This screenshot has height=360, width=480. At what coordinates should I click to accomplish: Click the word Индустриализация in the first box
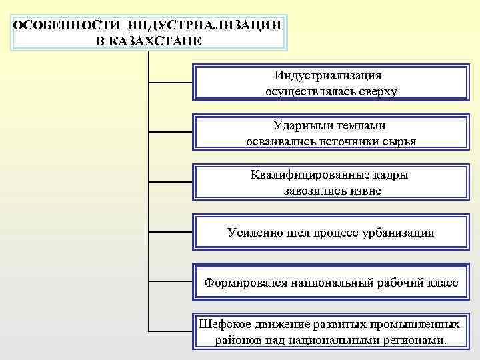(x=329, y=75)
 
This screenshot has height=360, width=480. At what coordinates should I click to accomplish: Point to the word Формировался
(x=245, y=283)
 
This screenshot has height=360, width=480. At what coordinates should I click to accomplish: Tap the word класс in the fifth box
(x=441, y=283)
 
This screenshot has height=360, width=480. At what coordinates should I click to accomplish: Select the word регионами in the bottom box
(x=412, y=341)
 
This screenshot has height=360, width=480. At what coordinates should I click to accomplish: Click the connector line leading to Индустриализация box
(x=171, y=83)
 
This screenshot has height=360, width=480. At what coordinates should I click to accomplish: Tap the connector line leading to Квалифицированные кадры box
(x=171, y=183)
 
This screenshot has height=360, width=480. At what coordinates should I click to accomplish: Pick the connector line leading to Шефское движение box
(x=171, y=331)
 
